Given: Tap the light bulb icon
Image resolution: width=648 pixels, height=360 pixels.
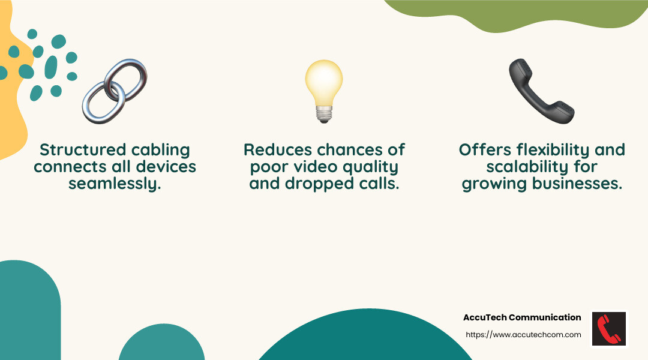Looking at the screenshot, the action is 324,91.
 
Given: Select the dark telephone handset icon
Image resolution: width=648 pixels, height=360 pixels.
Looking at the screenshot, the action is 541,91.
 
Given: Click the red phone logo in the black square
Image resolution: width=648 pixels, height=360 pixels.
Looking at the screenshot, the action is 609,329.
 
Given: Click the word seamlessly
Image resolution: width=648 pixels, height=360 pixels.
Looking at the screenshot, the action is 115,184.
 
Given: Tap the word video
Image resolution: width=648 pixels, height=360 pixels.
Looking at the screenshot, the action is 315,167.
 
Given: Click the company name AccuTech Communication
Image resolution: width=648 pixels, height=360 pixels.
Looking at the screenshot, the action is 522,317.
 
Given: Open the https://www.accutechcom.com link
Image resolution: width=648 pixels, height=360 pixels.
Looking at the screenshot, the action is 523,335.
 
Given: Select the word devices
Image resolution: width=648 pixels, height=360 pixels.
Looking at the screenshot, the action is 166,167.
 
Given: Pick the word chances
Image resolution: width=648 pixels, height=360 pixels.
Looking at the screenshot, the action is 350,149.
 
